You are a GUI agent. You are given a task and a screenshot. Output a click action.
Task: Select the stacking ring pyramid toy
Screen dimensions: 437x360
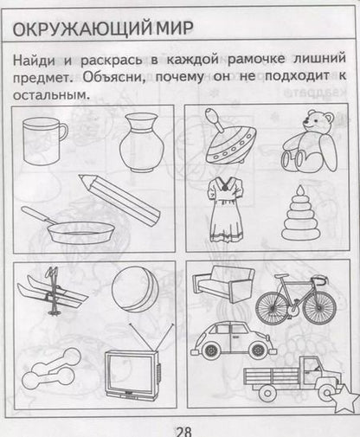(302, 216)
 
